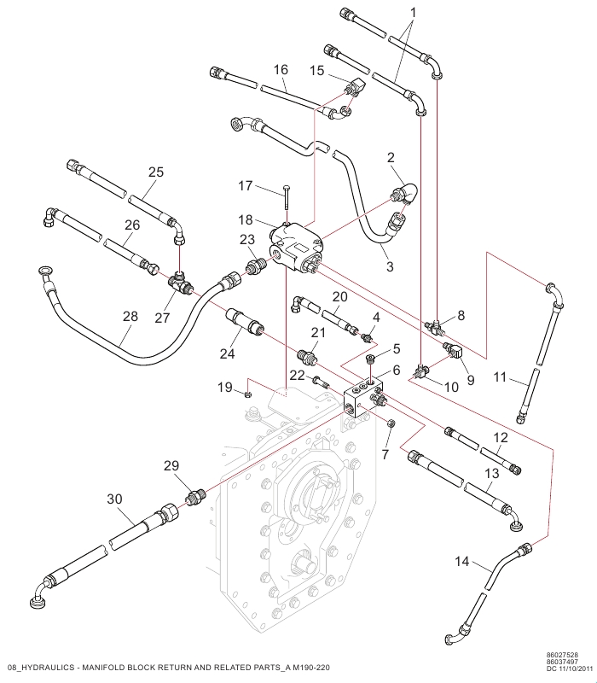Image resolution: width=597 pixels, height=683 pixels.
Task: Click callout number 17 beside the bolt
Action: (x=245, y=186)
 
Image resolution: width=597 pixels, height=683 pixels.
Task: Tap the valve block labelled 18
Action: (x=296, y=248)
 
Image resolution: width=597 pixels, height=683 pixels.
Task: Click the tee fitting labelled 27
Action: (x=179, y=283)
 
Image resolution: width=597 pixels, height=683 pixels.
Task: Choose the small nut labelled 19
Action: (x=246, y=394)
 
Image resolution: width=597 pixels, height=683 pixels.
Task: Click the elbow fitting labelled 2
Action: (x=403, y=195)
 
